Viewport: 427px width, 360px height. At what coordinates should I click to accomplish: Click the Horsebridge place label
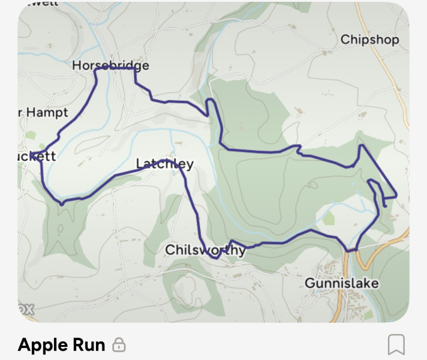pos(110,65)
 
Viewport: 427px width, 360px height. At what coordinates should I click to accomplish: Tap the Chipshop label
pos(369,40)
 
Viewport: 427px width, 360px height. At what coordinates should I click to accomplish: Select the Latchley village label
pos(165,164)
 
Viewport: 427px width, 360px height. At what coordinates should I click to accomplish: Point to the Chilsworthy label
pos(205,250)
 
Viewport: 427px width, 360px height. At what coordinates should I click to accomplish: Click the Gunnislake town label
pos(342,283)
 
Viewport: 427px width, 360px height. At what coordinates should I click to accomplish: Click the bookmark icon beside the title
pos(396,344)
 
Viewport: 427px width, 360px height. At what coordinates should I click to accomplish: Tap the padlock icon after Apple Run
pos(119,345)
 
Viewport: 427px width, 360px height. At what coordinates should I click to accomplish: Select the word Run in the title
pos(89,345)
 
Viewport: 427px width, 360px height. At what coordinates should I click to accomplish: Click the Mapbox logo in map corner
pos(26,310)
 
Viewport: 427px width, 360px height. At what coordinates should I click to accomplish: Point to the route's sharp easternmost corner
pos(396,196)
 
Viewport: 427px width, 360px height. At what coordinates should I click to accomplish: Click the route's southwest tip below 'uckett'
pos(62,204)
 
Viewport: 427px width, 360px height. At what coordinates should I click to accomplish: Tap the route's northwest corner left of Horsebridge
pos(96,70)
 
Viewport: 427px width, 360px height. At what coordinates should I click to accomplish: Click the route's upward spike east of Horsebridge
pos(210,100)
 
